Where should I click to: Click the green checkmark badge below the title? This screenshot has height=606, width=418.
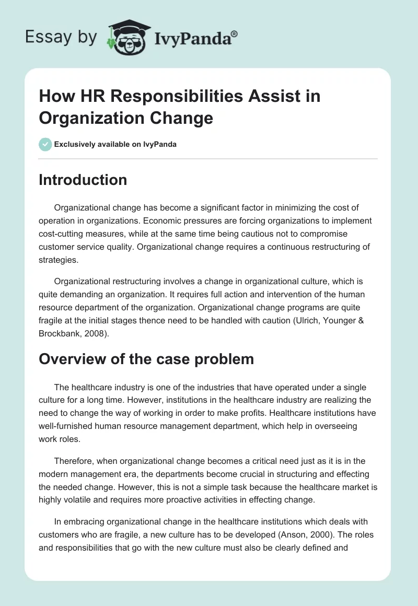(x=45, y=144)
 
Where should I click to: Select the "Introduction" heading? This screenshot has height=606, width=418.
(x=83, y=180)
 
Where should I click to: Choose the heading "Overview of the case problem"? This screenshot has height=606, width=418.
(x=146, y=359)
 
